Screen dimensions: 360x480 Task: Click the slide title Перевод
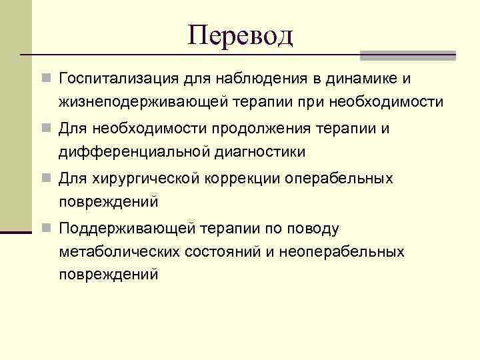click(x=240, y=35)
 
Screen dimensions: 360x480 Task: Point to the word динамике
click(x=362, y=79)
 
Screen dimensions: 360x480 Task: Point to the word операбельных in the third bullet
click(x=339, y=179)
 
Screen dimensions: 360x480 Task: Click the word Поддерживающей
click(x=127, y=229)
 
